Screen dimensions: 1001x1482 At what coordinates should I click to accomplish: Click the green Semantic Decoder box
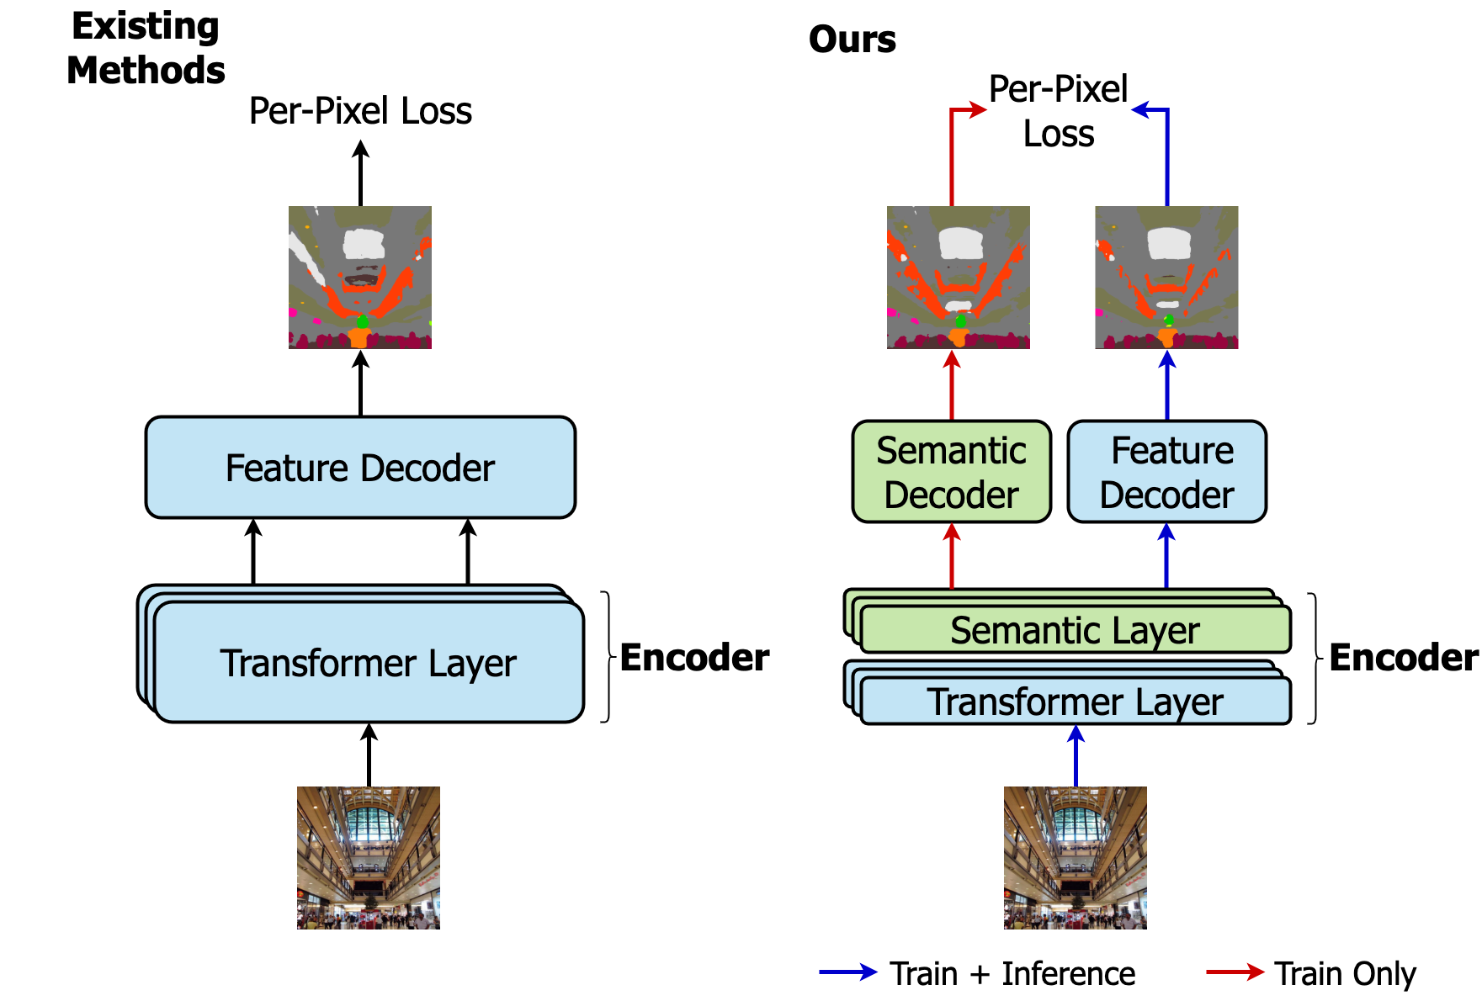951,472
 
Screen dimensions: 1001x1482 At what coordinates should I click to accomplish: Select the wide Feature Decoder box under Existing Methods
360,468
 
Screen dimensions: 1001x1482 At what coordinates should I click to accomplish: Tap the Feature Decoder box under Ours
1166,472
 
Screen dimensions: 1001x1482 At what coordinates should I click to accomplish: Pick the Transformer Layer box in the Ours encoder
1075,702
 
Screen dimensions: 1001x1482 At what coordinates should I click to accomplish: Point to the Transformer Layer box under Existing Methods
369,663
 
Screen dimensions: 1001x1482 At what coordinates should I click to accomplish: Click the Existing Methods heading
146,48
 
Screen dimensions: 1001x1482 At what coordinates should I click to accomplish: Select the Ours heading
852,40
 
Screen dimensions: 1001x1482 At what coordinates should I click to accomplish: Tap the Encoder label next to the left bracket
694,658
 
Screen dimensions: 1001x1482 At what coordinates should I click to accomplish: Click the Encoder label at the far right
1403,658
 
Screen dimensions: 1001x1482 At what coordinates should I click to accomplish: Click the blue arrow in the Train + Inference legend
848,972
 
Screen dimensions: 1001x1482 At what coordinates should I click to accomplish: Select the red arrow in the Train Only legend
1235,972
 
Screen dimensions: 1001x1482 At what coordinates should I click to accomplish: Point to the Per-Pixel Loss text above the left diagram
360,111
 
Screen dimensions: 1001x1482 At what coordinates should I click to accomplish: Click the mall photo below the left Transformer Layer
369,857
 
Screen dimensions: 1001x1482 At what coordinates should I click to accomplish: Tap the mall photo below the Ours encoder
1075,857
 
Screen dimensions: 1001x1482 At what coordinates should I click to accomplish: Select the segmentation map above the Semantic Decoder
958,277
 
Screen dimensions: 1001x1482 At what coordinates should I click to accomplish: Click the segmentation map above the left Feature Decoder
360,277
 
